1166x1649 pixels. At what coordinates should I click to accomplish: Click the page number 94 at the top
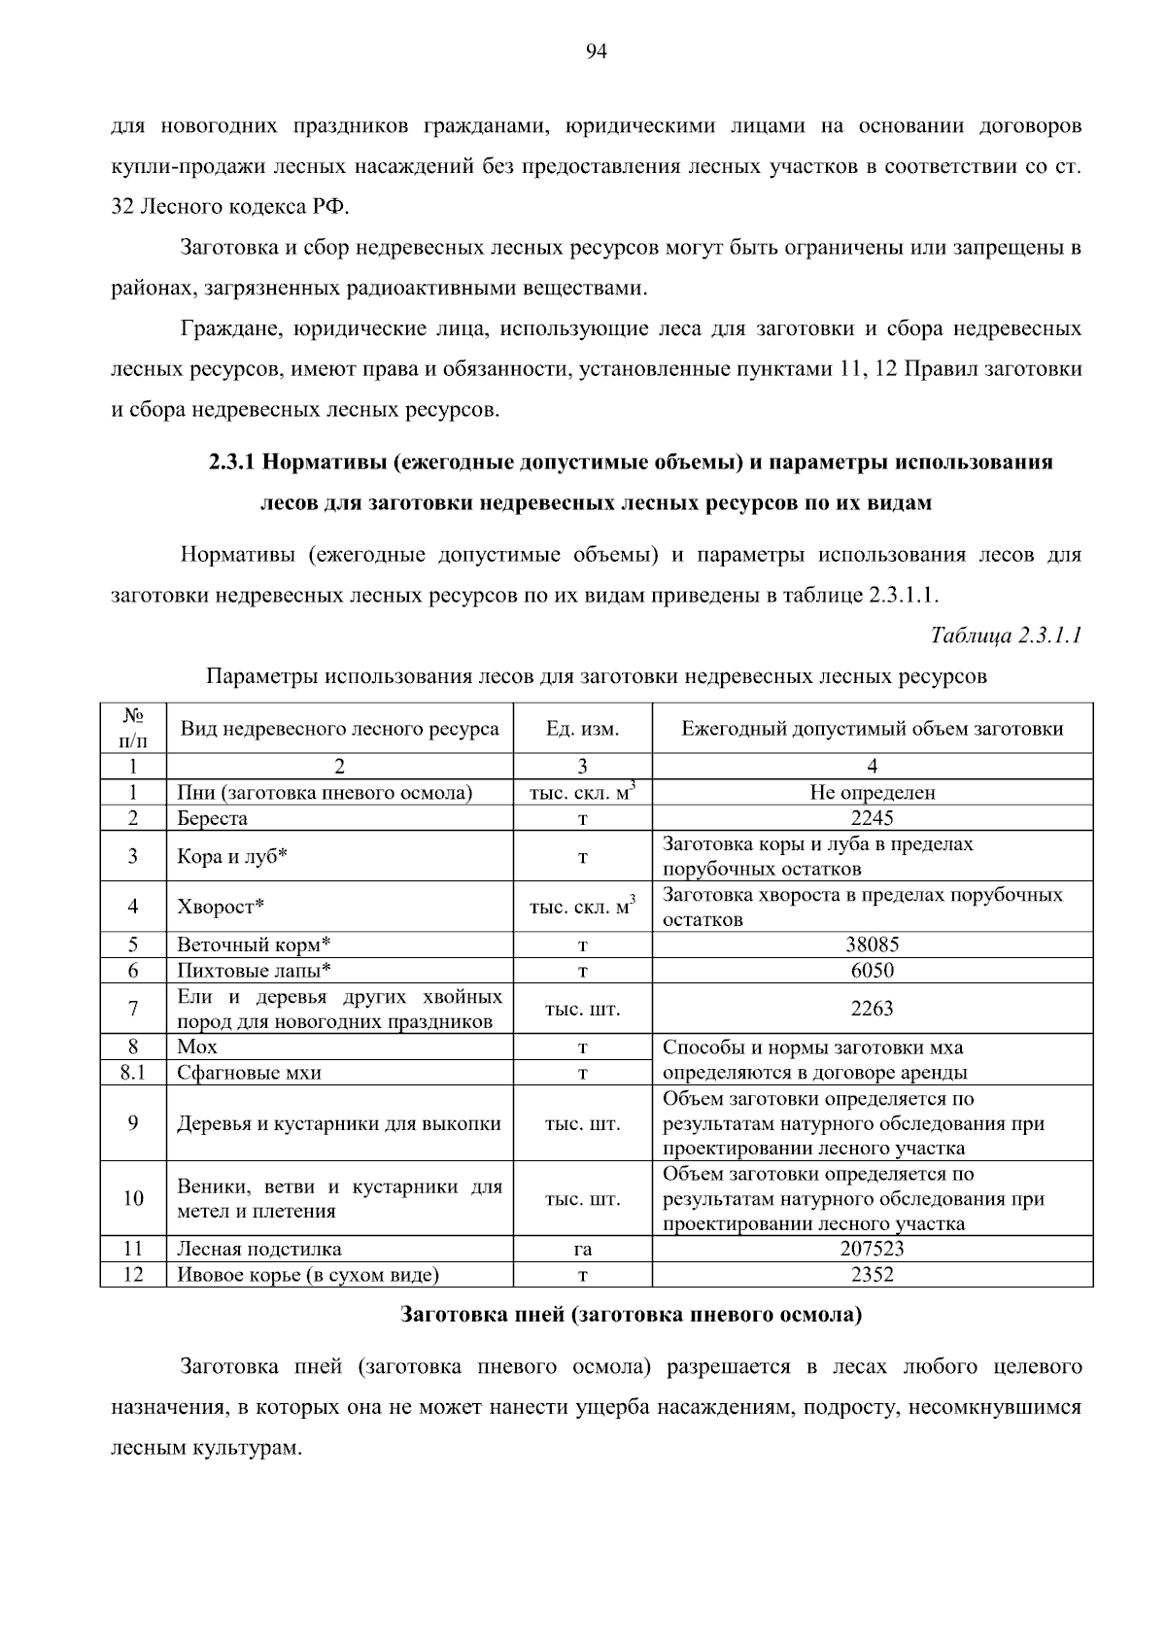click(x=596, y=52)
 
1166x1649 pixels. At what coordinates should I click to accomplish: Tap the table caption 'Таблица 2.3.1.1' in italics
click(x=1006, y=636)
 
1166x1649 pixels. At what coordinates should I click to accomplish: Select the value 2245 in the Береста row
click(x=872, y=818)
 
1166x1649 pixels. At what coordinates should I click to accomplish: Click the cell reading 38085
click(x=872, y=945)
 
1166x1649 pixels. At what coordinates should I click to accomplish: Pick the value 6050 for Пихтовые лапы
click(x=872, y=971)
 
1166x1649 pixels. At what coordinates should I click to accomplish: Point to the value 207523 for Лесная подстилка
click(x=872, y=1249)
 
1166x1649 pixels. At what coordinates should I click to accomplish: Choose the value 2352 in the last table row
click(x=872, y=1275)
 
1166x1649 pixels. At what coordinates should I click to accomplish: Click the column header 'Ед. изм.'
click(x=582, y=729)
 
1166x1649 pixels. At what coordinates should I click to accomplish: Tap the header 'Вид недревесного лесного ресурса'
click(x=338, y=729)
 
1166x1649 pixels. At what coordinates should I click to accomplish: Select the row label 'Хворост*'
click(x=222, y=908)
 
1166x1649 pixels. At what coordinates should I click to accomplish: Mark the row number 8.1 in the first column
click(x=132, y=1073)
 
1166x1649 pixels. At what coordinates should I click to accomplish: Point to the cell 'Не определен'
click(x=872, y=793)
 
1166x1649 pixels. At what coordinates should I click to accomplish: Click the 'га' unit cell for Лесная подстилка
click(x=582, y=1250)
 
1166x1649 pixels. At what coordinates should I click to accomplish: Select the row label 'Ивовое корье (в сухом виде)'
click(x=308, y=1275)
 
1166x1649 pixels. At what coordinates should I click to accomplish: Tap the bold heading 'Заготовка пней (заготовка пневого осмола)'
click(x=632, y=1317)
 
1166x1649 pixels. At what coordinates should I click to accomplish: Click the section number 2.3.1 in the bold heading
click(x=231, y=463)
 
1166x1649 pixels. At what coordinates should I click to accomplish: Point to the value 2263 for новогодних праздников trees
click(x=872, y=1009)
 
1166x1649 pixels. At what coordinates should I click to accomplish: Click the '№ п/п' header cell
click(x=133, y=729)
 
